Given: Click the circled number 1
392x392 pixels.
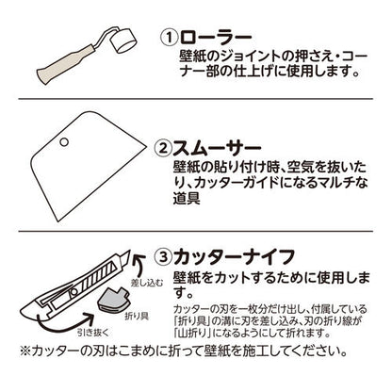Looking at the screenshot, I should [x=167, y=40].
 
